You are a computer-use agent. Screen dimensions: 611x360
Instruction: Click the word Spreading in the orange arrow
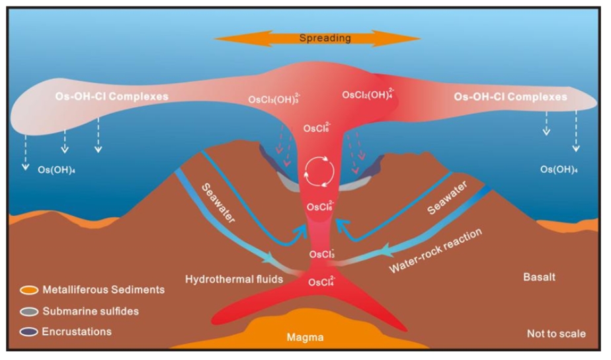click(x=325, y=38)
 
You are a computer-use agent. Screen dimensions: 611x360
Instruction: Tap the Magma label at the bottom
click(x=305, y=337)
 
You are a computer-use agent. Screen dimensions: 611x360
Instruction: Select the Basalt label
click(x=540, y=277)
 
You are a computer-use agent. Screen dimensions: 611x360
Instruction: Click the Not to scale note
click(x=557, y=334)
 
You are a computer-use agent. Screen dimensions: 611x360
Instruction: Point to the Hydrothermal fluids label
click(x=234, y=279)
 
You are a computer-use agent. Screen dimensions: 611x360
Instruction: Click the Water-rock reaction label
click(x=436, y=251)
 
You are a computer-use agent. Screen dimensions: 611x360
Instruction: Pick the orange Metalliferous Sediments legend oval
click(x=29, y=291)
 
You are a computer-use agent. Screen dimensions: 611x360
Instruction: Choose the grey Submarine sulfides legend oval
click(x=29, y=312)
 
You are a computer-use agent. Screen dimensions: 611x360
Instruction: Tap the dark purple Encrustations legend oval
click(x=29, y=332)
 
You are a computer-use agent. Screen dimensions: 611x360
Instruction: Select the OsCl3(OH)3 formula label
click(x=274, y=99)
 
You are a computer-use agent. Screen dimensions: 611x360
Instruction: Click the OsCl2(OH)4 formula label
click(x=368, y=94)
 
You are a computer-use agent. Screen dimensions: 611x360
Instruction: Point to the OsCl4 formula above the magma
click(x=322, y=281)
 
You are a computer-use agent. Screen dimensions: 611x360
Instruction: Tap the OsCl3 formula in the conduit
click(x=322, y=253)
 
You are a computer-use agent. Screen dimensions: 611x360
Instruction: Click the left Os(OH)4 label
click(x=56, y=170)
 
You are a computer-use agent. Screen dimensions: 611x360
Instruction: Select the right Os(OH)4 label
click(x=559, y=169)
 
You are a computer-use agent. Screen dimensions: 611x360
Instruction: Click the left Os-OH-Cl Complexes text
click(x=112, y=97)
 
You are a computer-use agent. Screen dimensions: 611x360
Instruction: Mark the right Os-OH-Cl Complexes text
click(x=510, y=97)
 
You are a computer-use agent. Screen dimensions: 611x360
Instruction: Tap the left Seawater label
click(x=218, y=203)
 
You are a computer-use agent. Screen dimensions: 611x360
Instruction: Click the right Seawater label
click(x=447, y=198)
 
